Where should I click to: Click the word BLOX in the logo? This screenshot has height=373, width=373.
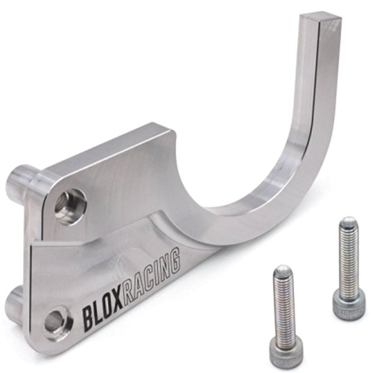coord(103,313)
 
